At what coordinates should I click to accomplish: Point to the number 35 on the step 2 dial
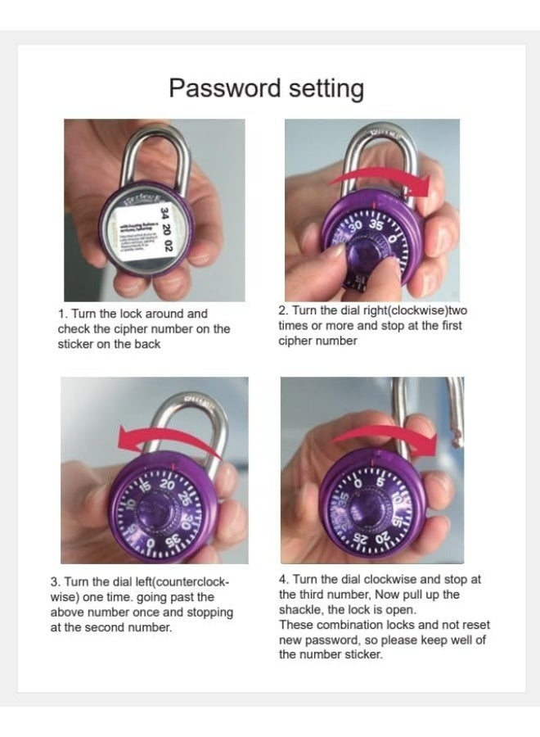(376, 224)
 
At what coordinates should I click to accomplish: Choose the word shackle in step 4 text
(299, 609)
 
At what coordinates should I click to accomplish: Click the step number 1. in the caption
(62, 314)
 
